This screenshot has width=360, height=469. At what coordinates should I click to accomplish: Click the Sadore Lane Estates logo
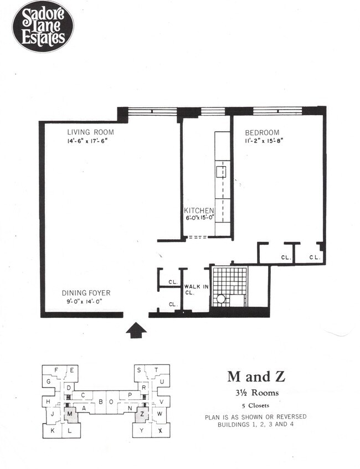click(x=43, y=27)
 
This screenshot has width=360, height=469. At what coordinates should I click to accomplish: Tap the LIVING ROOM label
click(x=90, y=132)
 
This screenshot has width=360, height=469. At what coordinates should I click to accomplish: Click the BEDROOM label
click(x=263, y=132)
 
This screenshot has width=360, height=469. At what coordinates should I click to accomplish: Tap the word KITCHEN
click(x=199, y=210)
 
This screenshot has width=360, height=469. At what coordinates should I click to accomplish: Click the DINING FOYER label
click(x=86, y=293)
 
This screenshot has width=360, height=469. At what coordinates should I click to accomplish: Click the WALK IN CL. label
click(x=196, y=289)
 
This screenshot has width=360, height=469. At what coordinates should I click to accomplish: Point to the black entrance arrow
click(x=136, y=330)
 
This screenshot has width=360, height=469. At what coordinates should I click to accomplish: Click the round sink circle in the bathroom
click(x=220, y=299)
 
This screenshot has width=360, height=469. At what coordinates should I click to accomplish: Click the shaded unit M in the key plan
click(x=70, y=414)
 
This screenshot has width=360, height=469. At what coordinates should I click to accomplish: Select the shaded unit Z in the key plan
click(x=142, y=414)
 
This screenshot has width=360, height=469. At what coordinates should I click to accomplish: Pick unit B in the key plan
click(x=101, y=401)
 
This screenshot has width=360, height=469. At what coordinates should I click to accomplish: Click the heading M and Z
click(x=256, y=377)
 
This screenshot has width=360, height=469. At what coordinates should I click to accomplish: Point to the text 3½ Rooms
click(x=256, y=394)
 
